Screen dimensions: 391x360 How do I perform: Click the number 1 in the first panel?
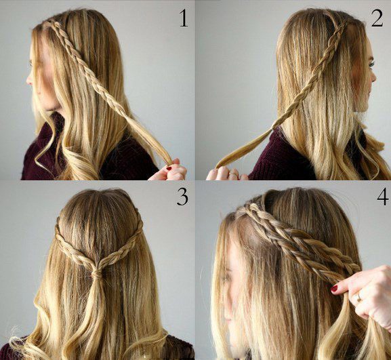click(x=184, y=18)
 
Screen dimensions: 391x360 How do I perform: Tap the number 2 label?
click(x=377, y=18)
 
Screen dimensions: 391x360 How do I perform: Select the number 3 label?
click(x=182, y=197)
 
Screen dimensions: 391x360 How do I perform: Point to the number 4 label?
click(x=382, y=197)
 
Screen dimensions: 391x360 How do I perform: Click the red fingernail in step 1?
click(x=169, y=168)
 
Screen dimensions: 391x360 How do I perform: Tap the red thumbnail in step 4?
click(x=334, y=288)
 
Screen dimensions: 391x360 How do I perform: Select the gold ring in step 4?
click(x=358, y=298)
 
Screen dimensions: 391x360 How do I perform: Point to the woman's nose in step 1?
click(x=28, y=79)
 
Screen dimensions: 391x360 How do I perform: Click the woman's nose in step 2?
click(x=373, y=77)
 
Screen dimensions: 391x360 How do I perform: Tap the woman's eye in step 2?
click(x=371, y=64)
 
